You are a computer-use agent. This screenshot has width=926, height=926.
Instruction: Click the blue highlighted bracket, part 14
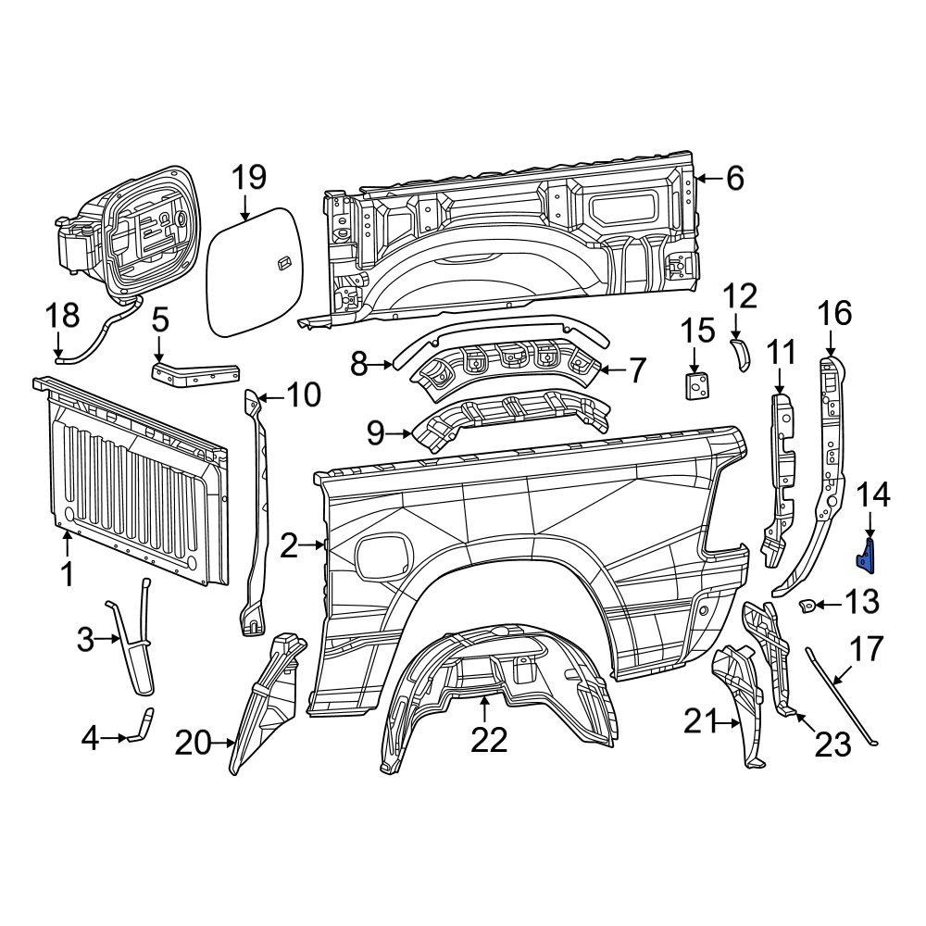pyautogui.click(x=869, y=554)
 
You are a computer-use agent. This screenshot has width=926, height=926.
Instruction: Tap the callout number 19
pyautogui.click(x=247, y=177)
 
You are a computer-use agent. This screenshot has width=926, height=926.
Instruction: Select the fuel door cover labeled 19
pyautogui.click(x=253, y=272)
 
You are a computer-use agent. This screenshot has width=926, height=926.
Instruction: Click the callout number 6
pyautogui.click(x=734, y=178)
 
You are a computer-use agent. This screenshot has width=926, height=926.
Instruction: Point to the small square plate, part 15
pyautogui.click(x=695, y=385)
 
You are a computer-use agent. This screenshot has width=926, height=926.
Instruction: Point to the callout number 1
pyautogui.click(x=67, y=574)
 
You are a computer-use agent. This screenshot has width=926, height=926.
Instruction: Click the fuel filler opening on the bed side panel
pyautogui.click(x=382, y=552)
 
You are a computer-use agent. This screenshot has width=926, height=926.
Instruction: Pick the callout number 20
pyautogui.click(x=194, y=742)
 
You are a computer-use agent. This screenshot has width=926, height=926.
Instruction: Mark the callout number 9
pyautogui.click(x=376, y=432)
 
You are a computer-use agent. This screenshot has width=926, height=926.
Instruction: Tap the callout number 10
pyautogui.click(x=301, y=396)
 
